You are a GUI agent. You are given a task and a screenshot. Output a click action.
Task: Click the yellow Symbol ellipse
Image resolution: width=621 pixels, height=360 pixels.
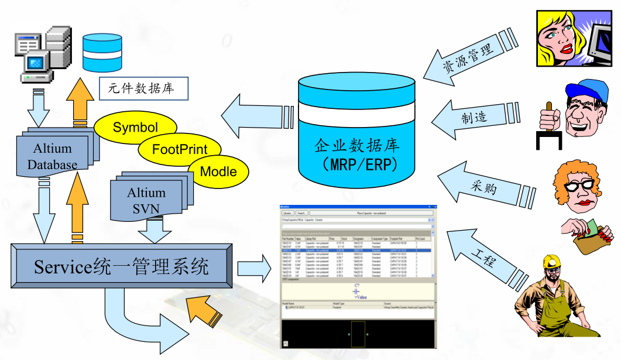coord(135,127)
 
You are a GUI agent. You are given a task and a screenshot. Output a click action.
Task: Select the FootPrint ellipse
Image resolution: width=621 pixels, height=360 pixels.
coord(180,149)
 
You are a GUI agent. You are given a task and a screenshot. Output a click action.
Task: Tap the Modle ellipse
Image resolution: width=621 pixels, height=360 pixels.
coord(218,172)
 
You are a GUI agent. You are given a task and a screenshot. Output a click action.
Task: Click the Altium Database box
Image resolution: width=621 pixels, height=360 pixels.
coord(53,156)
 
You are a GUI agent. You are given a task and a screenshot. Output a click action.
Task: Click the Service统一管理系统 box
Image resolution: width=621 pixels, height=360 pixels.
coord(121,268)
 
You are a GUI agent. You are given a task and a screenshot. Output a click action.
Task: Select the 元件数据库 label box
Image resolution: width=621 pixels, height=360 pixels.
coord(144,90)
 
